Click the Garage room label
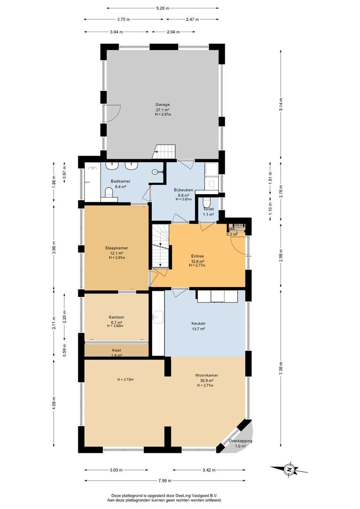coord(163,105)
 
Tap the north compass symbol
coord(288,469)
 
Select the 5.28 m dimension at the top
coord(163,8)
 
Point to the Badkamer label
coord(118,181)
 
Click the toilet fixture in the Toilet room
coord(206,203)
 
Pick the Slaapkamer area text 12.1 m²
coord(116,253)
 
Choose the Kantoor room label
coord(116,317)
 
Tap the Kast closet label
coord(116,350)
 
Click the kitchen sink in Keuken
coord(158,317)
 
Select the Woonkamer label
coord(206,375)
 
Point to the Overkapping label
coord(240,441)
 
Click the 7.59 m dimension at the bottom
coord(164,481)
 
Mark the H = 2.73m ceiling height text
coord(126,379)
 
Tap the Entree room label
coord(197,256)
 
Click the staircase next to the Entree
coord(161,246)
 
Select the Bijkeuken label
coord(184,190)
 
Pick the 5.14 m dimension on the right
coord(281,104)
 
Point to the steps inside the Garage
coord(164,152)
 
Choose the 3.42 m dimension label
coord(209,470)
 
